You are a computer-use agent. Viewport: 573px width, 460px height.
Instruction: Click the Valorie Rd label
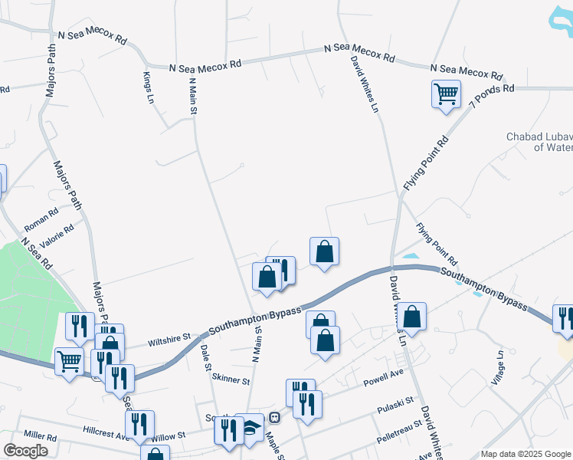58,233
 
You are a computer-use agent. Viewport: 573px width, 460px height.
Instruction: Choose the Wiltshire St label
168,339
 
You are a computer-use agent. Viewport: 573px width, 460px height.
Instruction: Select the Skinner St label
231,379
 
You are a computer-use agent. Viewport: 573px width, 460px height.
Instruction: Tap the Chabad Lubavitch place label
539,142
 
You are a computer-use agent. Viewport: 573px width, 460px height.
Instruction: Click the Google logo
26,452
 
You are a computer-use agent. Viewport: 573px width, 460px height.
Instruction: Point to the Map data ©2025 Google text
525,454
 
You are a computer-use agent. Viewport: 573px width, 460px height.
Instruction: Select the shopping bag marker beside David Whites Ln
412,317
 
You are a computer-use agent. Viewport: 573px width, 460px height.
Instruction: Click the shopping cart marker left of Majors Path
70,362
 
